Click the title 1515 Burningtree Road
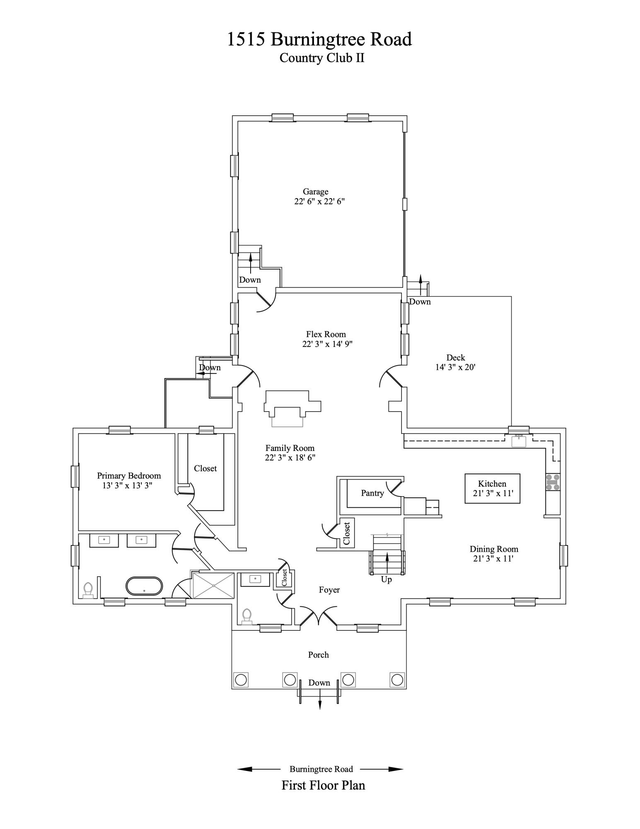[319, 39]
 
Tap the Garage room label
[316, 191]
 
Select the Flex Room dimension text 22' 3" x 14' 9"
[327, 344]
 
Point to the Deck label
[456, 357]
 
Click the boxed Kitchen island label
[492, 489]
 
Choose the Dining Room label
[494, 549]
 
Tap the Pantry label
[372, 493]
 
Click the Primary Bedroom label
[129, 476]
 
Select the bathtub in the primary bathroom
[144, 586]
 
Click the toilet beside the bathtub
[88, 590]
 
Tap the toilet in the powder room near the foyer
[247, 616]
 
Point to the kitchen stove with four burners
[553, 482]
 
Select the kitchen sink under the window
[519, 441]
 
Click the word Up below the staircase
[386, 579]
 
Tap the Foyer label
[329, 590]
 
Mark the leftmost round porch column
[241, 680]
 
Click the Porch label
[319, 655]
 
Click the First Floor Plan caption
[324, 785]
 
